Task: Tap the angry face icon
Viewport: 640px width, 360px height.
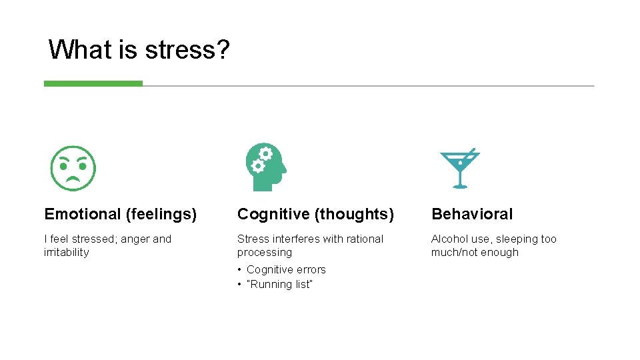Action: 73,168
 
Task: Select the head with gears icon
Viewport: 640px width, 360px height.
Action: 265,167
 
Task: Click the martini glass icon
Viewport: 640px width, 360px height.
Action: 459,168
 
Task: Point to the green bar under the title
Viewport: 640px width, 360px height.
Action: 93,84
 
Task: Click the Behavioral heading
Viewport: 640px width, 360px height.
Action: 472,214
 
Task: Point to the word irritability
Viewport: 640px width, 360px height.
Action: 66,253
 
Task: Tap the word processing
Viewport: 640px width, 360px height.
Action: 264,253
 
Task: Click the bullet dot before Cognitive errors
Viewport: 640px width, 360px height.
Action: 239,270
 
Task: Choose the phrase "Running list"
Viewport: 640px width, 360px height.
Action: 279,285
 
